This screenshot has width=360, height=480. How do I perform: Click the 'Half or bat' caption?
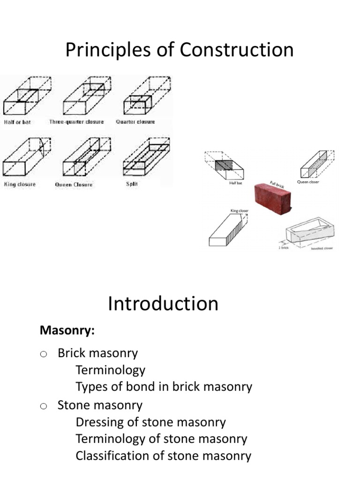pos(17,122)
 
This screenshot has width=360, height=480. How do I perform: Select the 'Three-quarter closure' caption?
pos(76,122)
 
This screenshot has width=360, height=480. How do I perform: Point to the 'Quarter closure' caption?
pos(135,122)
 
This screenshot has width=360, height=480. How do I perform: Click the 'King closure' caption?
pos(20,184)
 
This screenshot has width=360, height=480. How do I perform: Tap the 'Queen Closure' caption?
pos(74,185)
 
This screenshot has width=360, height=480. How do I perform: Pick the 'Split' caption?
pos(132,184)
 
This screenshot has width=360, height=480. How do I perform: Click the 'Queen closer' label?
pos(308,182)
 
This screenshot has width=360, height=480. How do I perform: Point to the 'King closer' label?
pos(240,211)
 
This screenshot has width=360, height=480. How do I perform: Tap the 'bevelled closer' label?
pos(322,248)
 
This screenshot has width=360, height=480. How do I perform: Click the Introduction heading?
pos(163,304)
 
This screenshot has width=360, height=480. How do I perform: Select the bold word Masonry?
pos(67,331)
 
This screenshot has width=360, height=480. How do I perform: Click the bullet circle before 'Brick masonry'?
pos(44,354)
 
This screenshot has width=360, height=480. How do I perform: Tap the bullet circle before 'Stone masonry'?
pos(44,406)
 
